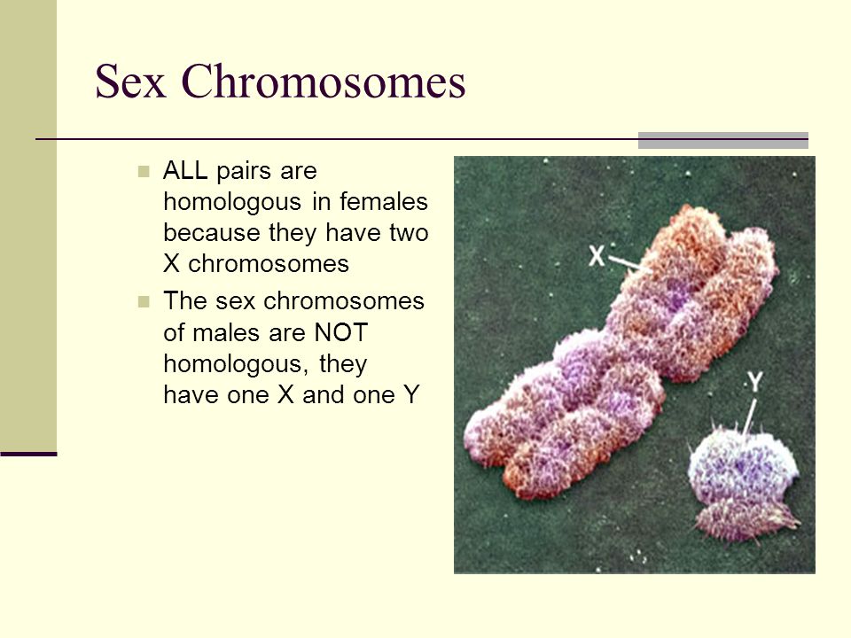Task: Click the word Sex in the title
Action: click(x=130, y=82)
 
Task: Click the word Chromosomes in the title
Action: click(x=324, y=82)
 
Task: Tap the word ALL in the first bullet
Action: click(x=185, y=171)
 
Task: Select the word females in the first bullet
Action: click(x=384, y=202)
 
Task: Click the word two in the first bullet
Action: click(x=410, y=233)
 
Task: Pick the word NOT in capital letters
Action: click(x=341, y=332)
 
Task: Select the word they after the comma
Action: click(x=343, y=364)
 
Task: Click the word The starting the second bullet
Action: click(x=185, y=301)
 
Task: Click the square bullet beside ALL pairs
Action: click(x=144, y=172)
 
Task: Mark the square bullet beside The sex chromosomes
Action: click(x=144, y=301)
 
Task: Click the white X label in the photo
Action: click(x=597, y=255)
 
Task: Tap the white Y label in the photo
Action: click(x=755, y=382)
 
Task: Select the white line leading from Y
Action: click(x=748, y=416)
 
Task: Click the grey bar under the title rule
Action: click(x=723, y=140)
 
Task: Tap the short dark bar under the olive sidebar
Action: click(x=28, y=454)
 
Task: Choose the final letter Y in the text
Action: click(x=412, y=395)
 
